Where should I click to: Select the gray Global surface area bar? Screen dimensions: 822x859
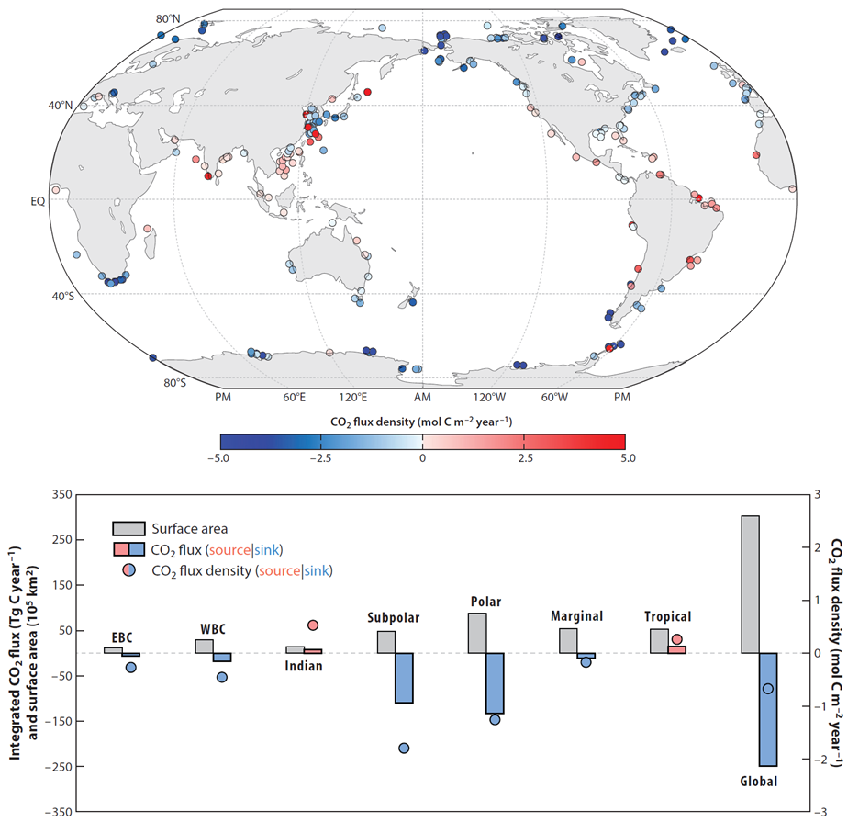[x=750, y=584]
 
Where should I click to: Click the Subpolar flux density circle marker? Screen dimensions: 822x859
[x=404, y=748]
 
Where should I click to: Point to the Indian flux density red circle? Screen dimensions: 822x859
[x=313, y=625]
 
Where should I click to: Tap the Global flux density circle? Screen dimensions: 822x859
[x=768, y=689]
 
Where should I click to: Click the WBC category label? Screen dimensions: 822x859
[x=213, y=629]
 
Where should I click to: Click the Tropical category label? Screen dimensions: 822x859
[x=668, y=617]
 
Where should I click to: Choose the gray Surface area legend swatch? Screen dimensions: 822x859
[x=127, y=529]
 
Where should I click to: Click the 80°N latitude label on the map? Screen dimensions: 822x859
[x=168, y=19]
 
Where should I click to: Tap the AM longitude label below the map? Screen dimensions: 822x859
[x=422, y=398]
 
